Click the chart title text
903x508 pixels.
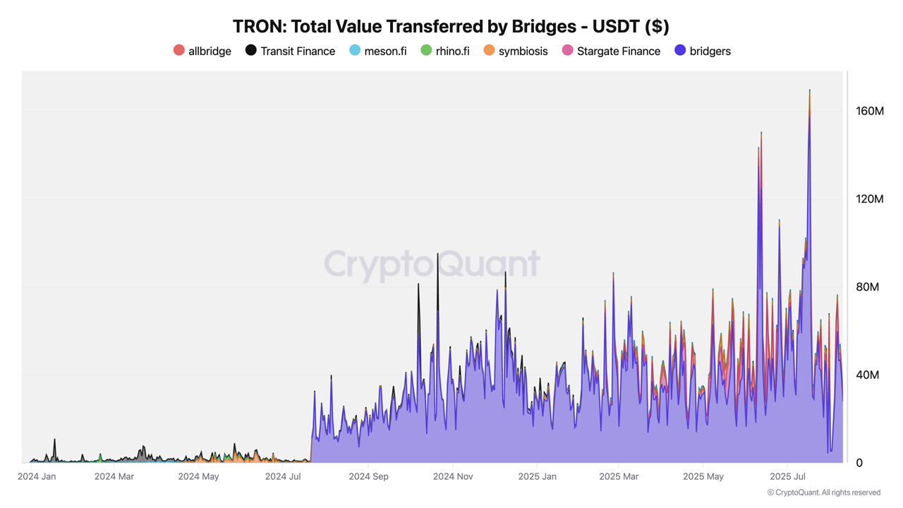click(451, 26)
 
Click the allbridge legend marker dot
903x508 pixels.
click(179, 50)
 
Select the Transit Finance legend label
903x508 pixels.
click(297, 51)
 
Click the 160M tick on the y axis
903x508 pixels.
click(870, 111)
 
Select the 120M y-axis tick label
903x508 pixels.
click(870, 199)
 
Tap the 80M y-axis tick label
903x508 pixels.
click(868, 287)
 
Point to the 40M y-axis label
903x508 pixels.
click(868, 375)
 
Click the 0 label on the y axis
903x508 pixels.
click(859, 463)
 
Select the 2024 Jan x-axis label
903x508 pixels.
click(37, 477)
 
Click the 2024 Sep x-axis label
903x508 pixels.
click(368, 477)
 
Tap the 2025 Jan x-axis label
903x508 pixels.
click(537, 477)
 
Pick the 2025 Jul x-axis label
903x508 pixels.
click(787, 477)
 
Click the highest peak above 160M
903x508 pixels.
click(809, 92)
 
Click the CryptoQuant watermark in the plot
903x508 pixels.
click(432, 265)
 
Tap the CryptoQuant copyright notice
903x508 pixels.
click(823, 492)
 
